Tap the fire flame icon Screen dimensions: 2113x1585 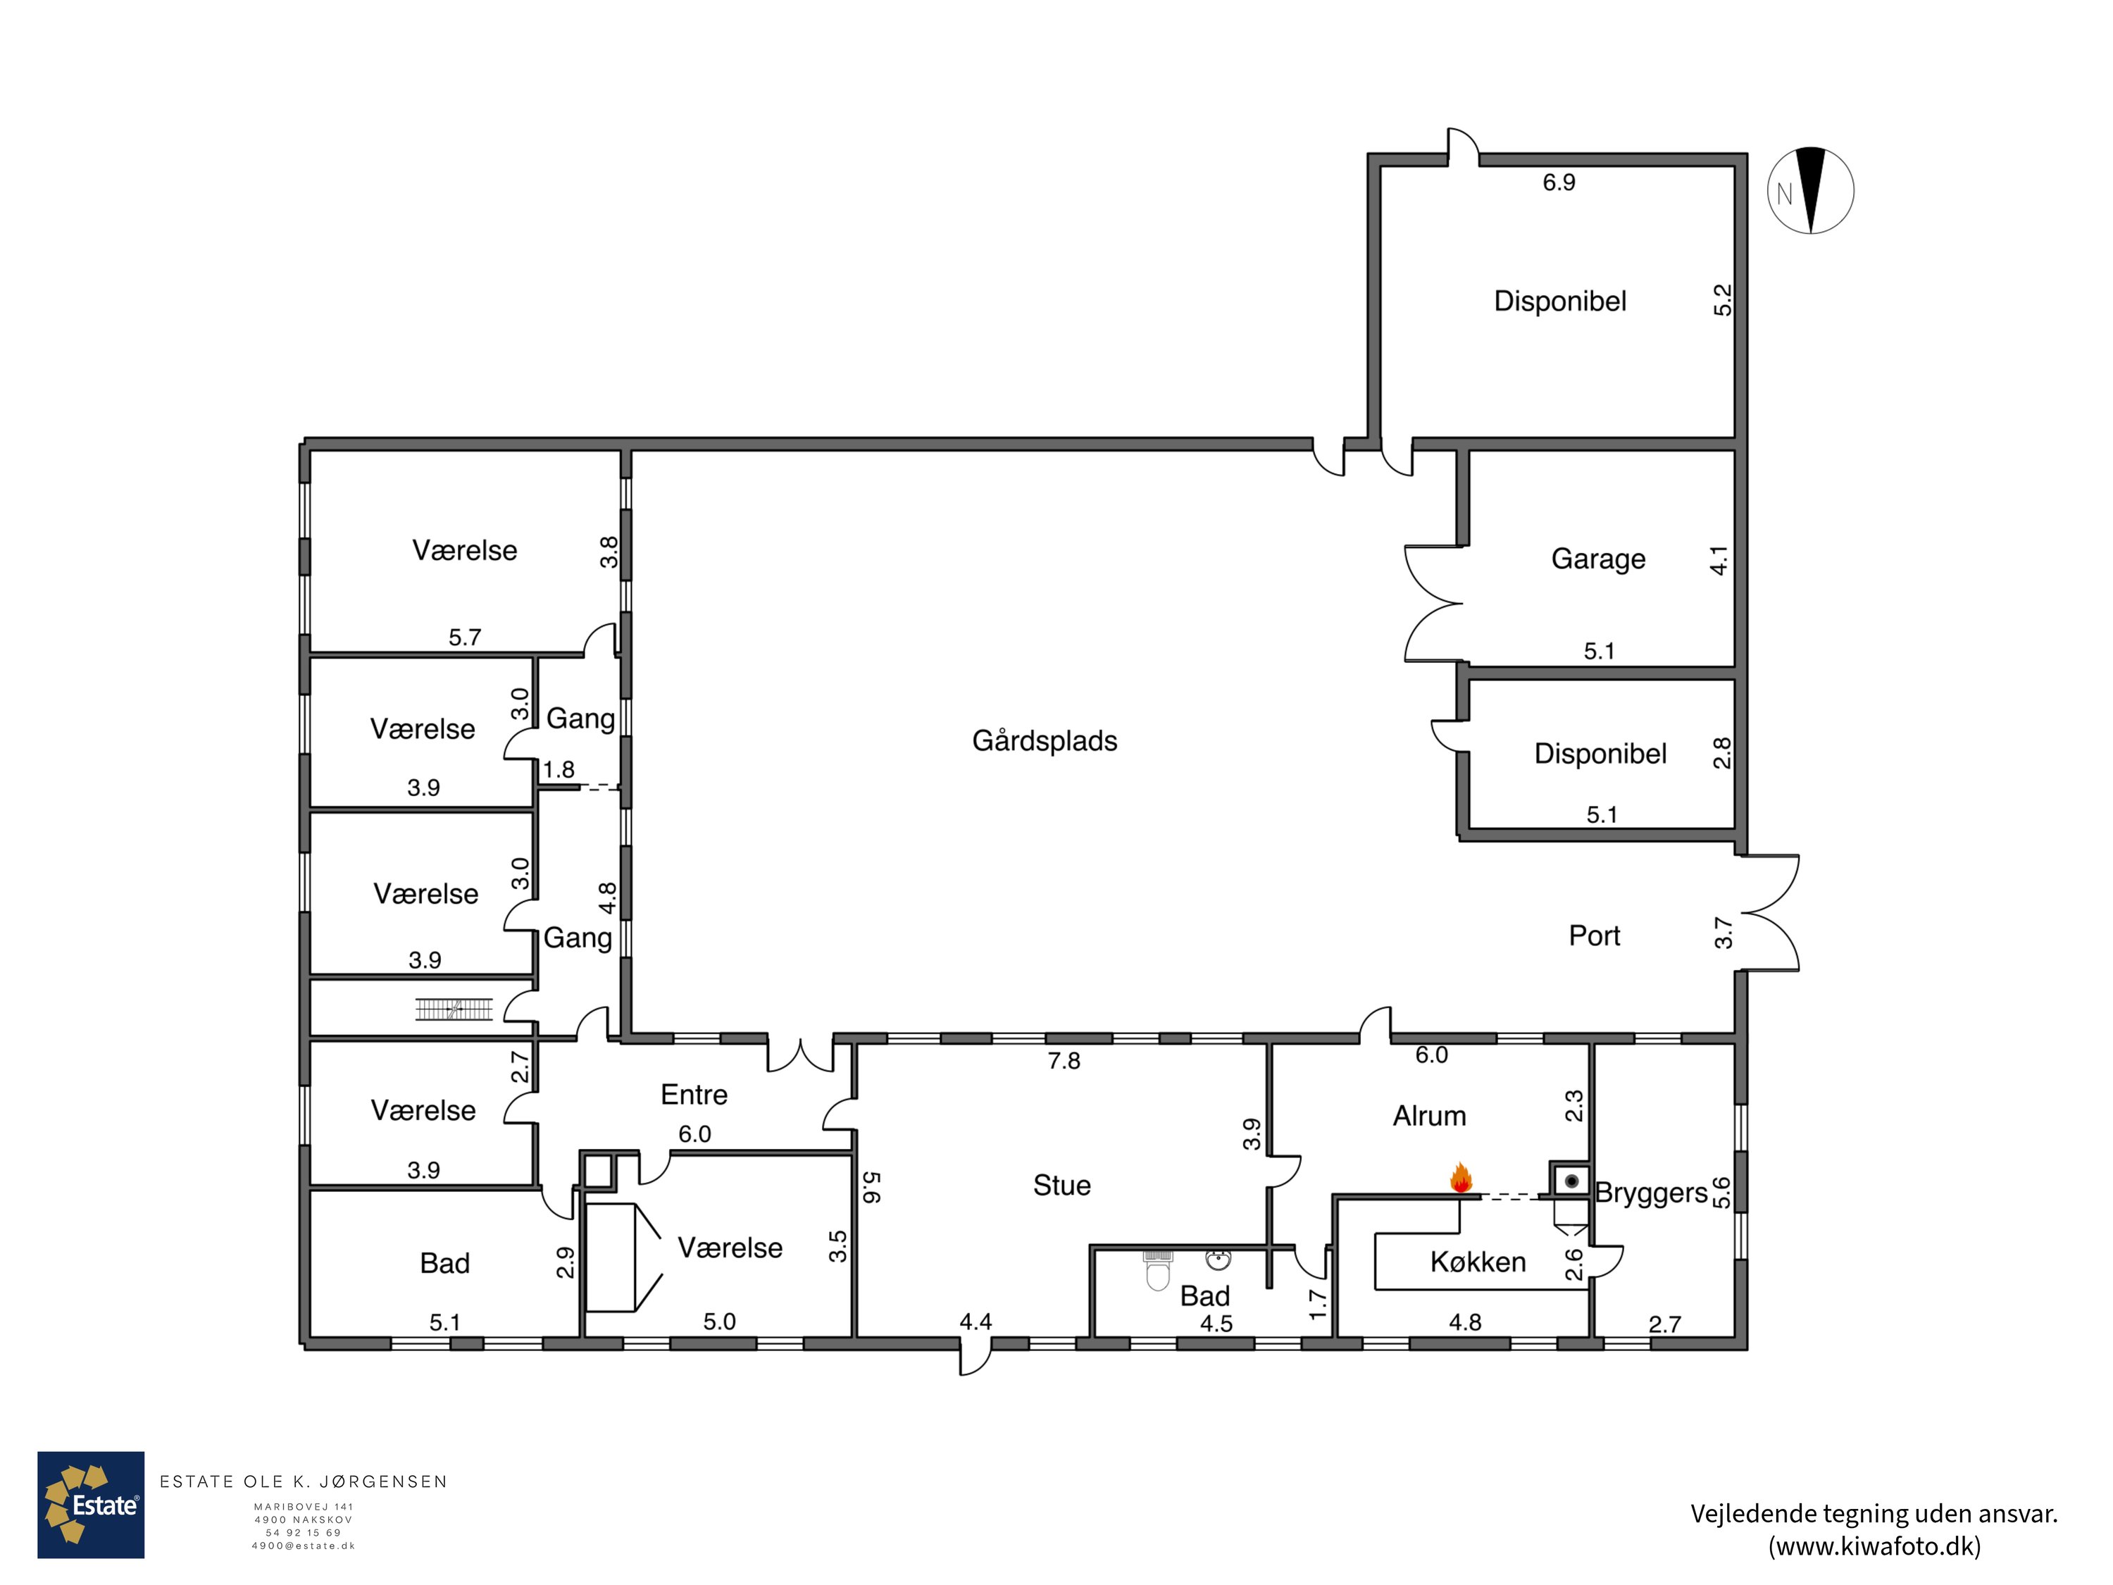(1461, 1177)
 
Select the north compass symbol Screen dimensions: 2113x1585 (1810, 191)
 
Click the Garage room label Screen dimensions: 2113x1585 (1598, 559)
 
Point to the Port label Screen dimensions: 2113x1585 (1595, 936)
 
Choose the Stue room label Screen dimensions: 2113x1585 (1061, 1186)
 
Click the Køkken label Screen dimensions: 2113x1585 (1478, 1262)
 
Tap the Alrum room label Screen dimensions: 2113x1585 (1429, 1116)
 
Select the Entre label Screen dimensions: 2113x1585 (694, 1095)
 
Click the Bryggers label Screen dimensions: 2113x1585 (1652, 1193)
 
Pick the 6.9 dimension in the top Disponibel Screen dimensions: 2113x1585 (1559, 182)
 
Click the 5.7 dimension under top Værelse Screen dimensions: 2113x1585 (465, 638)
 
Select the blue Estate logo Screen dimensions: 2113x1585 (91, 1505)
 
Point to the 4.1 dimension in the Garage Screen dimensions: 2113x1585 (1719, 561)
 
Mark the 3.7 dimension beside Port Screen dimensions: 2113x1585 (1724, 933)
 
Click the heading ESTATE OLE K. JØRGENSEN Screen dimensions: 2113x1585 (304, 1482)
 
